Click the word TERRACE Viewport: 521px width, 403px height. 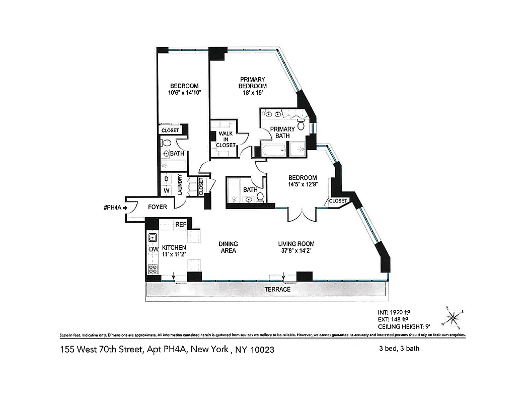point(278,290)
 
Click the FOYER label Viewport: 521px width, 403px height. point(157,207)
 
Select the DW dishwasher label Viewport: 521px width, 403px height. point(153,249)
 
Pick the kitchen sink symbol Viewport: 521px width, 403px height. point(153,236)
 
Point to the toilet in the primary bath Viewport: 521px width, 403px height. point(301,125)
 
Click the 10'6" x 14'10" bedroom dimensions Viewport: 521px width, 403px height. point(184,93)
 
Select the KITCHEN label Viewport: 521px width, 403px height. point(174,248)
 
